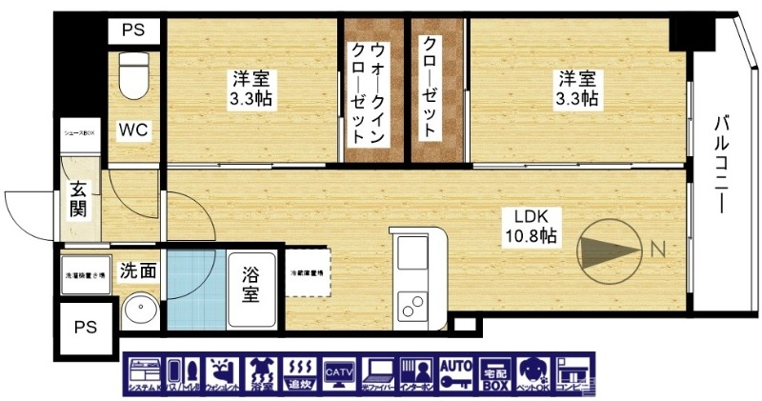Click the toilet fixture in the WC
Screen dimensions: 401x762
tap(133, 75)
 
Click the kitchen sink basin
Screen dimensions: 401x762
tap(412, 256)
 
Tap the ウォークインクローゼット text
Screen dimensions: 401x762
tap(368, 92)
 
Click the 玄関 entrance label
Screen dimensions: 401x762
tap(79, 200)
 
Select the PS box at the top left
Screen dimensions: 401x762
tap(132, 30)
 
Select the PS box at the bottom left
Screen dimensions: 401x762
tap(85, 327)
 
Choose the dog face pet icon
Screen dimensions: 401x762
tap(531, 374)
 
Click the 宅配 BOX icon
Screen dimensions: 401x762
tap(492, 374)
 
